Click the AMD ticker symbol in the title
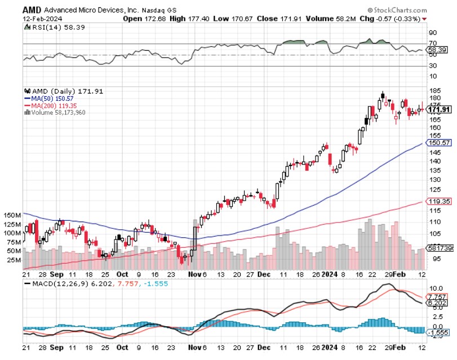pyautogui.click(x=32, y=10)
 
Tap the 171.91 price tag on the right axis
pyautogui.click(x=440, y=109)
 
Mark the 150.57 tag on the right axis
pyautogui.click(x=440, y=143)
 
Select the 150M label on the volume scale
pyautogui.click(x=12, y=216)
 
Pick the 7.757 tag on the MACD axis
pyautogui.click(x=439, y=296)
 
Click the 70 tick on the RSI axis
pyautogui.click(x=433, y=43)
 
